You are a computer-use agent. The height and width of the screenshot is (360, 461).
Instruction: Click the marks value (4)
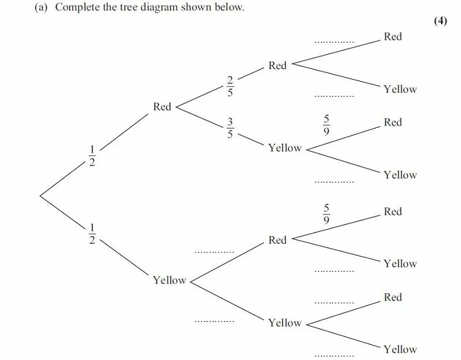[x=440, y=21]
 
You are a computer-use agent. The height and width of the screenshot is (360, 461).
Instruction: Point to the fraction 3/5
[x=230, y=128]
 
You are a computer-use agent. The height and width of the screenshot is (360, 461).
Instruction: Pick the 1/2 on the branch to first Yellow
[x=92, y=233]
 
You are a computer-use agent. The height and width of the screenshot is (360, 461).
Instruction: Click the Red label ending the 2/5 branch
[x=277, y=66]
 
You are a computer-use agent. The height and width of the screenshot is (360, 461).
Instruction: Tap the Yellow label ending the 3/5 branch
[x=285, y=148]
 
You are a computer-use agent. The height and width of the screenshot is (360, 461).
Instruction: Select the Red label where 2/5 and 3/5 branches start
[x=162, y=107]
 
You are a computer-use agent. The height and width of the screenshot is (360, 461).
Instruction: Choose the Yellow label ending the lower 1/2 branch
[x=169, y=281]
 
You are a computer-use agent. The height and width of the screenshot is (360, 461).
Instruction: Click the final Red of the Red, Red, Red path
[x=392, y=37]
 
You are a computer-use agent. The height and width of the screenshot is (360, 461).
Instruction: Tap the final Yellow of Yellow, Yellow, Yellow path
[x=400, y=349]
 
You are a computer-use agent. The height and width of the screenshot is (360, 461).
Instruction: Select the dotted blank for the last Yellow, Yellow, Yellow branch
[x=334, y=355]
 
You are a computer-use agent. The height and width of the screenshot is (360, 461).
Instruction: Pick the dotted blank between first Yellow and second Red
[x=214, y=252]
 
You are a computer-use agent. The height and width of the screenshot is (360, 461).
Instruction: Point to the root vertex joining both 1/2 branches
[x=40, y=196]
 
